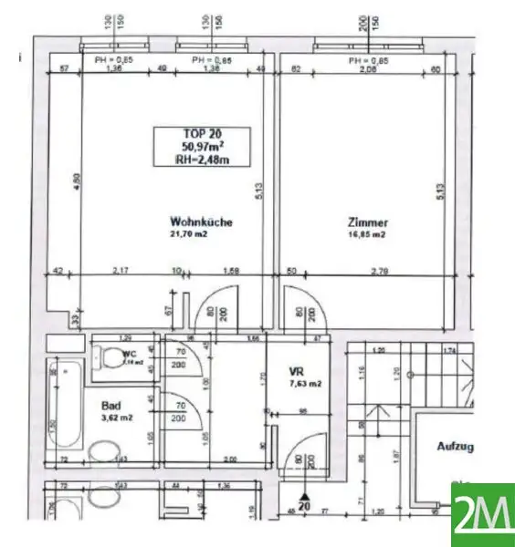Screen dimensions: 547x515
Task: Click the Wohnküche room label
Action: pos(201,222)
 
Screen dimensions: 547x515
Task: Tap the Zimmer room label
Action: pos(368,222)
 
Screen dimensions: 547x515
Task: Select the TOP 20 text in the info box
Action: pos(201,133)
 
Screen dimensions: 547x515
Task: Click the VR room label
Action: pos(295,371)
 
